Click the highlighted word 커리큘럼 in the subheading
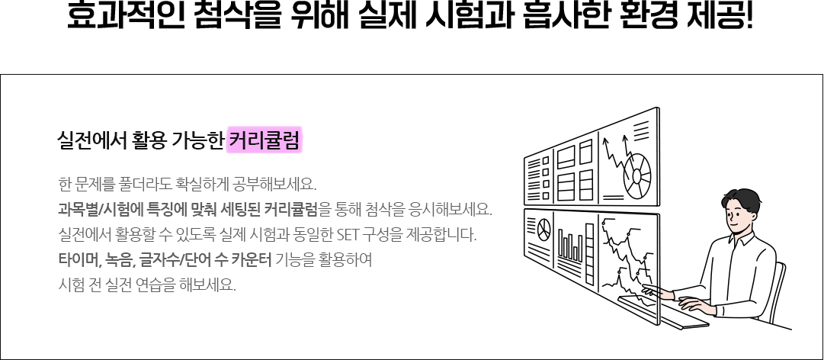point(265,140)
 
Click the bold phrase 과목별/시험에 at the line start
point(101,209)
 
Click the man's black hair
point(742,200)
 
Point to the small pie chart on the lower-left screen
point(544,227)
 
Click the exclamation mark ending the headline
point(749,16)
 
